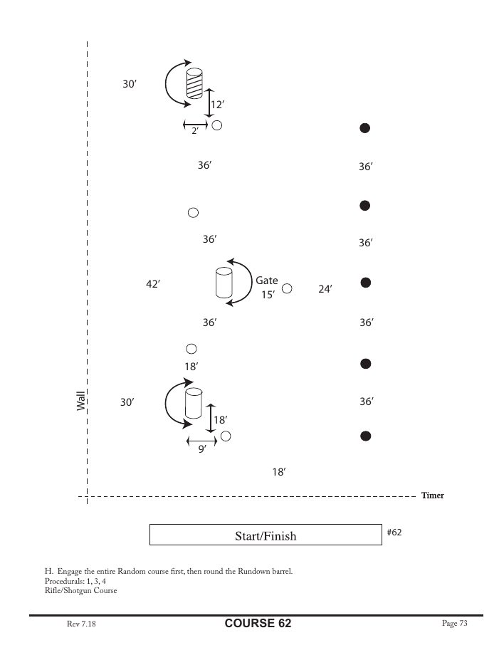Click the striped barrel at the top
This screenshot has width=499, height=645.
pyautogui.click(x=194, y=83)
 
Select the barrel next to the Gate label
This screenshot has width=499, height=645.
pyautogui.click(x=224, y=283)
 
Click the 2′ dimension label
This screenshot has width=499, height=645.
pyautogui.click(x=194, y=132)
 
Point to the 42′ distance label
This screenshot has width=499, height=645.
pyautogui.click(x=152, y=284)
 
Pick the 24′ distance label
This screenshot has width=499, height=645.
pyautogui.click(x=325, y=289)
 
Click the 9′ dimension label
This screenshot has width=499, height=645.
pyautogui.click(x=202, y=449)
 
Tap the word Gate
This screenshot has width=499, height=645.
pyautogui.click(x=266, y=281)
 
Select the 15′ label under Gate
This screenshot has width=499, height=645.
pyautogui.click(x=267, y=295)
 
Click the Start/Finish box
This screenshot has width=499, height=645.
pyautogui.click(x=265, y=535)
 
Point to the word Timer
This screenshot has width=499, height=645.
pyautogui.click(x=432, y=495)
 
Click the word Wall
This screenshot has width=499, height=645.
pyautogui.click(x=81, y=400)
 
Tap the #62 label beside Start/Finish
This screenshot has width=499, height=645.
pyautogui.click(x=394, y=532)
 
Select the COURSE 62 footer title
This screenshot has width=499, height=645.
pyautogui.click(x=258, y=624)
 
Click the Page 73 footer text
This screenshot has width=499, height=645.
pyautogui.click(x=454, y=624)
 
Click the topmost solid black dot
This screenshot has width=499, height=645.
pyautogui.click(x=364, y=128)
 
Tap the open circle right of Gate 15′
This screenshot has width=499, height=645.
pyautogui.click(x=287, y=288)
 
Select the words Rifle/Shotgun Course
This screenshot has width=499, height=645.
pyautogui.click(x=80, y=590)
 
